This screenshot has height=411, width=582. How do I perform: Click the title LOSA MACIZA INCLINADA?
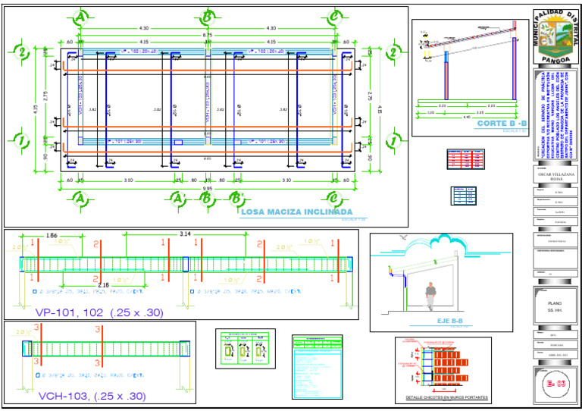click(x=296, y=212)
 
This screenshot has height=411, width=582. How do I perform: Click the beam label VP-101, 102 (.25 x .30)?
click(x=99, y=312)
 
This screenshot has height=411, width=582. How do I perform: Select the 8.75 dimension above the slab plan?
click(x=207, y=35)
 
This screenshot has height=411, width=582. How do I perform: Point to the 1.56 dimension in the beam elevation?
click(x=52, y=236)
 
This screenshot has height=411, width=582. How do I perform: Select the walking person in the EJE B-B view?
click(x=431, y=296)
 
